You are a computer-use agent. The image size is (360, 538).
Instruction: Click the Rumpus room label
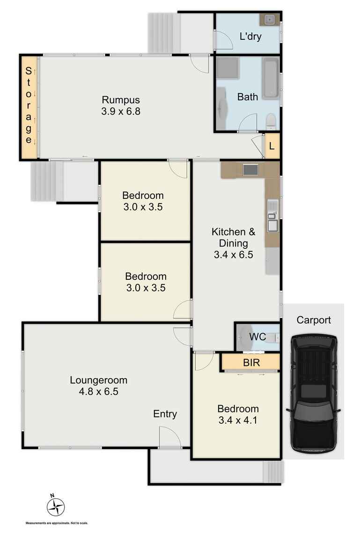pos(121,100)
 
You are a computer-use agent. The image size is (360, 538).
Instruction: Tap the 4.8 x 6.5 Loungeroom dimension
pos(98,392)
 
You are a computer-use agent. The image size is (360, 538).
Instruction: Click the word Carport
pos(313,320)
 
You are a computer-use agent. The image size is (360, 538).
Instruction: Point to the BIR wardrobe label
pos(251,362)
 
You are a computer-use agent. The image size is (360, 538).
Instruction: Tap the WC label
pos(257,337)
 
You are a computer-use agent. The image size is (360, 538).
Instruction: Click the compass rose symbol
pos(56,506)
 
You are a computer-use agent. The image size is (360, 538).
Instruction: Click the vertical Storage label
pos(29,106)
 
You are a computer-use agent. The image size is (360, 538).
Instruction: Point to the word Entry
pos(165,414)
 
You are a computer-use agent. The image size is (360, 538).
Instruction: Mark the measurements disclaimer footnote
pos(57,523)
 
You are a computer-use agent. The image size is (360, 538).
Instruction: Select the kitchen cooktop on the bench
pos(250,170)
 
